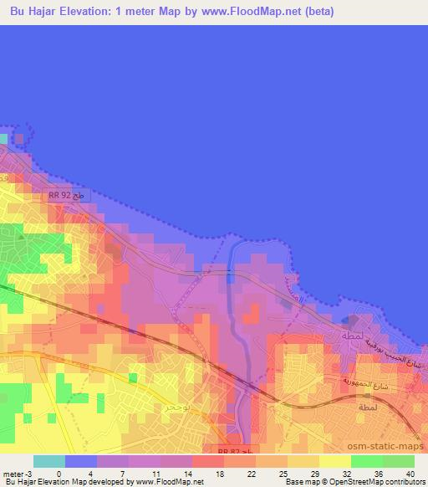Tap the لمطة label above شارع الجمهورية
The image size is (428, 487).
click(350, 335)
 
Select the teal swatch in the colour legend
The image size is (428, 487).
click(49, 461)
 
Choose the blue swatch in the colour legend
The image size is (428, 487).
click(81, 461)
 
